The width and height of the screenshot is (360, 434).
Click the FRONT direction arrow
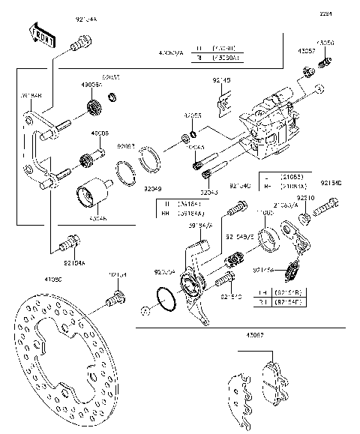click(42, 35)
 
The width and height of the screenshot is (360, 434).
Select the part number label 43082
click(256, 335)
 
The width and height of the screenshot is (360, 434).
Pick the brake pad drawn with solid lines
click(274, 379)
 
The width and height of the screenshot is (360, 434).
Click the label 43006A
click(91, 85)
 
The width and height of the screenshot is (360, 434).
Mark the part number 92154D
click(330, 182)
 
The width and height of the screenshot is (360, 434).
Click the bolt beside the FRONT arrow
click(75, 46)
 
